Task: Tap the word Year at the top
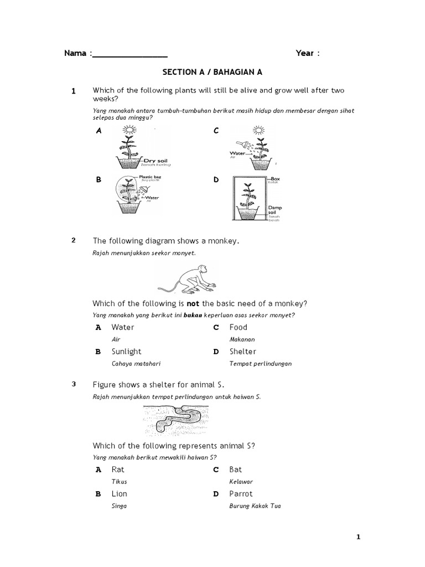305,53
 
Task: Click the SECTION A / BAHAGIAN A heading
212,72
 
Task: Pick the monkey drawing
189,279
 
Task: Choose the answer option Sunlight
126,352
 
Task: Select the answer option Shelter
243,352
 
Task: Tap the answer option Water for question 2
122,327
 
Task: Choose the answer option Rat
118,470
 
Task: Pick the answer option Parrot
241,494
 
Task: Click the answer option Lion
119,494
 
